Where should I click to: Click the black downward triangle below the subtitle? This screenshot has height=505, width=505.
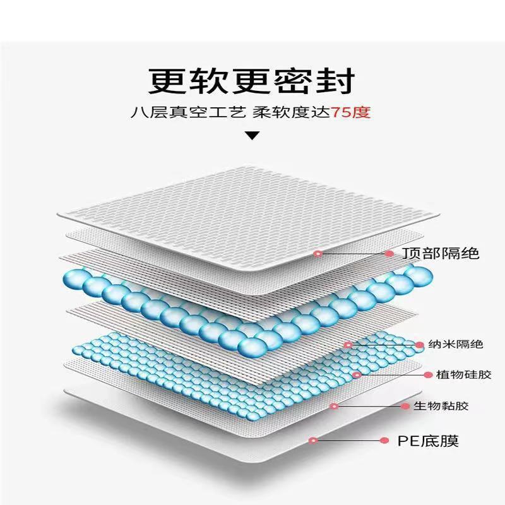click(252, 135)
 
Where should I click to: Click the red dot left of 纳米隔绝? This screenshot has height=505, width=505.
click(419, 345)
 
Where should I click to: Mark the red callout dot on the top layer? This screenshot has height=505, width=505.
click(318, 254)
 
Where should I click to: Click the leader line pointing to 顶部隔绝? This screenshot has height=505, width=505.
click(353, 254)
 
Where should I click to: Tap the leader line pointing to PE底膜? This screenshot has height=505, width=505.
click(348, 440)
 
